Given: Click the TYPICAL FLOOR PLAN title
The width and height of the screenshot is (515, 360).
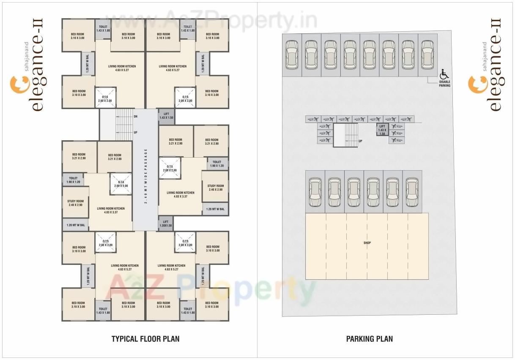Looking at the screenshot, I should (145, 339).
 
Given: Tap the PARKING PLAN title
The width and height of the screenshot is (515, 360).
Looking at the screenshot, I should (369, 339).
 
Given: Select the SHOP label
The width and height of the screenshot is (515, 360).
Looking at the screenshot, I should (367, 243).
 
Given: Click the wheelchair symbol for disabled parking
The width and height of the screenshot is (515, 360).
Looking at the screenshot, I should (444, 74).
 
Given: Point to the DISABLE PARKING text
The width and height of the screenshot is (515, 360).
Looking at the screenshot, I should (444, 84).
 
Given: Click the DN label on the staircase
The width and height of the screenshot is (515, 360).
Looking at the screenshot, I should (135, 117).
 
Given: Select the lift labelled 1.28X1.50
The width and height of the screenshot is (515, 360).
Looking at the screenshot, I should (166, 224).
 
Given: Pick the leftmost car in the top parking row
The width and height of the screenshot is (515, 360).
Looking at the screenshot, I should (292, 55).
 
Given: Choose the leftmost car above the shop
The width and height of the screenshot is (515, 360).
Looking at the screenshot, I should (315, 192).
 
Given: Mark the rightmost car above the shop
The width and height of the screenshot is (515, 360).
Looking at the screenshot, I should (412, 192).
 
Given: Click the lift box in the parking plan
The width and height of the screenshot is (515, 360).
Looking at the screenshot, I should (382, 130).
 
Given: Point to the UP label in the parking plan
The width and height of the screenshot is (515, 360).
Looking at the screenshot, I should (360, 141).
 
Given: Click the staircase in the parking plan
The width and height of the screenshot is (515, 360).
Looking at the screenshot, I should (345, 135).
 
